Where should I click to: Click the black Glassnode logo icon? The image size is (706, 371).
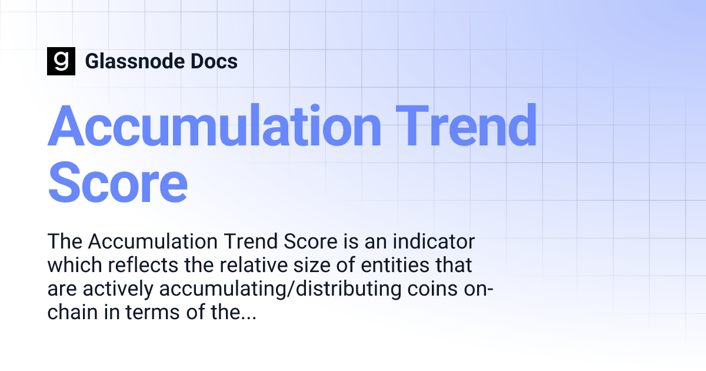(x=61, y=61)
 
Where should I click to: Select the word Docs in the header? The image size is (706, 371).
(x=217, y=61)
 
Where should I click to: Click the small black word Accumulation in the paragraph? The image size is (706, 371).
(x=154, y=242)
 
